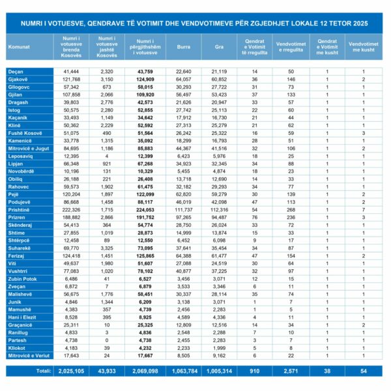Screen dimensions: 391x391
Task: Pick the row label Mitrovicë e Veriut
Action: click(x=29, y=355)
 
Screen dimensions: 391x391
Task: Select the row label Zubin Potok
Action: click(x=22, y=278)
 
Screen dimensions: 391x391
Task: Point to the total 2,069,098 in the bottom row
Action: click(x=149, y=370)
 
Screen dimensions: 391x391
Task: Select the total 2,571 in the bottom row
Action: click(x=292, y=370)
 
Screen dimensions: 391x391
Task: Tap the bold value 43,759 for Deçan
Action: click(x=149, y=70)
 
